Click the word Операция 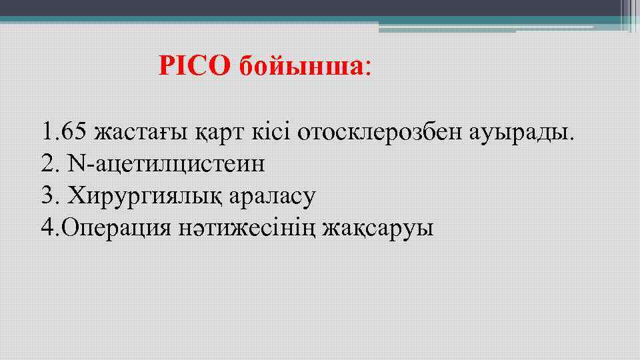116,229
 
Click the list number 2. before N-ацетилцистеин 49,164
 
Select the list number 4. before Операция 49,229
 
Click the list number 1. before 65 48,132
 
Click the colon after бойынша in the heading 369,67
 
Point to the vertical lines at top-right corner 629,15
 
